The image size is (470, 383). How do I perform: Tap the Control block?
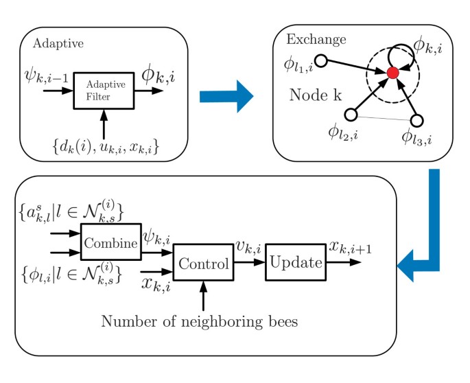pos(202,262)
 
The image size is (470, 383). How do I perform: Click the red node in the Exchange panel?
pos(392,73)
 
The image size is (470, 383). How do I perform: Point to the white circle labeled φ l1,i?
pos(320,60)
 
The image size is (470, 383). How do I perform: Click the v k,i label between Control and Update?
pos(248,248)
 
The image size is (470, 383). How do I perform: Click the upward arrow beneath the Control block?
pos(203,294)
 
